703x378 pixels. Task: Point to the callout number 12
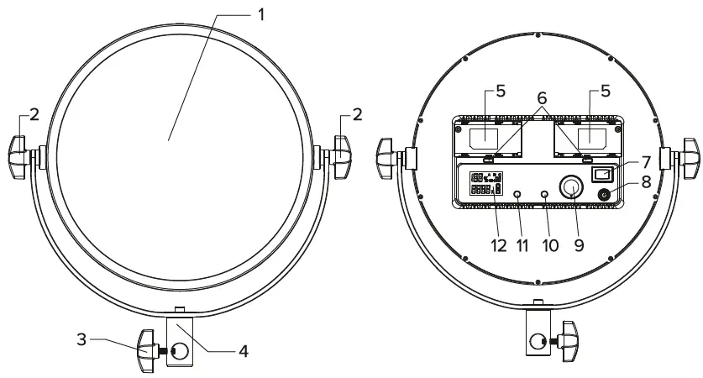(x=500, y=246)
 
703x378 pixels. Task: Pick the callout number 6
(x=542, y=99)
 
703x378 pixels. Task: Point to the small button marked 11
(x=517, y=194)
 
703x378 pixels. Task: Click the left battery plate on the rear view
(x=489, y=137)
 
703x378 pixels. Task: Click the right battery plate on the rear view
(x=586, y=137)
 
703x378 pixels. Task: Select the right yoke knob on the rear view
(x=688, y=155)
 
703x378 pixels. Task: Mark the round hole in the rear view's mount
(x=537, y=341)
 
